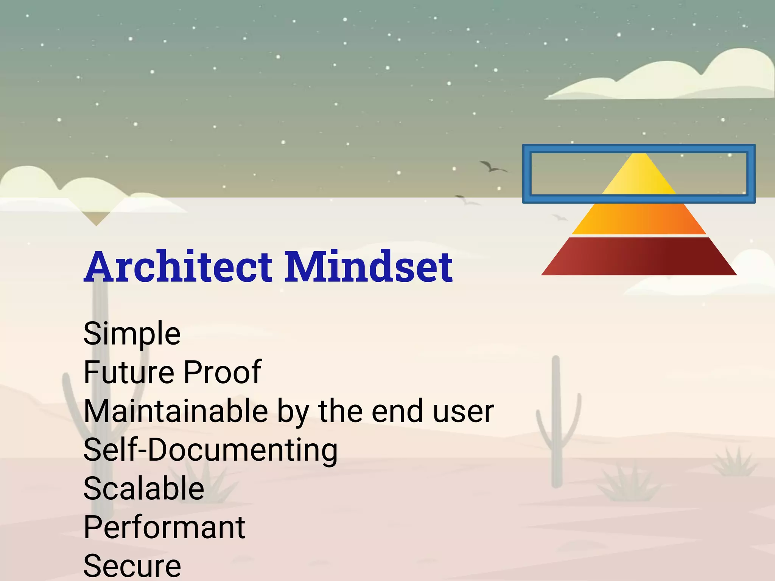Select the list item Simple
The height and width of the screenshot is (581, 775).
[132, 334]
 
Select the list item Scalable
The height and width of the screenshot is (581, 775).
[144, 489]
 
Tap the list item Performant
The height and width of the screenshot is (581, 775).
[164, 528]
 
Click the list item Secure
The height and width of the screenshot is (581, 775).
[132, 566]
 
